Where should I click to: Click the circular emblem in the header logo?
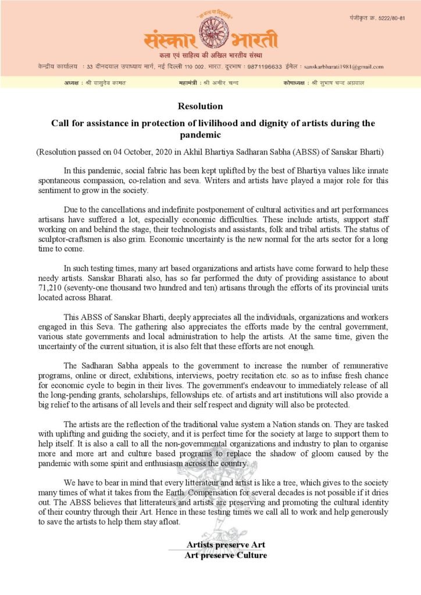coord(211,35)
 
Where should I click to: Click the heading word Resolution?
coord(200,106)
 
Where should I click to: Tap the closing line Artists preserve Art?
coord(226,544)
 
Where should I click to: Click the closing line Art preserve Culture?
coord(226,555)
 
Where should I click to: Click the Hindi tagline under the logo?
coord(210,55)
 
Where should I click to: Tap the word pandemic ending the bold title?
coord(210,134)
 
